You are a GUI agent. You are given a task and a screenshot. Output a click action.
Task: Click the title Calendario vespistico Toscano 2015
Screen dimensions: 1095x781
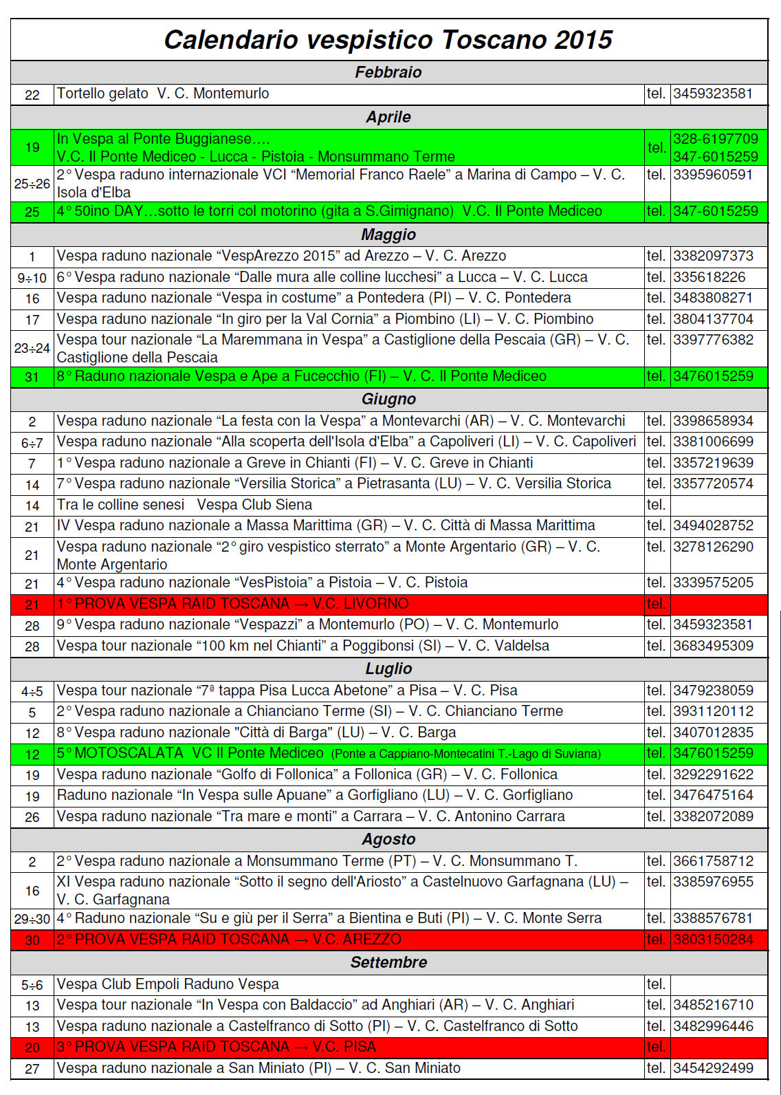(x=388, y=40)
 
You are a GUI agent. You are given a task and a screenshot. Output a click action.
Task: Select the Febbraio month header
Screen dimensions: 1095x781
(x=388, y=72)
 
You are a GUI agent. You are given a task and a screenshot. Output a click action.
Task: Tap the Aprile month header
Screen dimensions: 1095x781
(x=388, y=117)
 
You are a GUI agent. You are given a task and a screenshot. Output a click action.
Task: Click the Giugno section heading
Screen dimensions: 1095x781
(x=388, y=399)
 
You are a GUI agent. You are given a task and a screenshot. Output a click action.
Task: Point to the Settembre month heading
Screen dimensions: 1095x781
(x=388, y=962)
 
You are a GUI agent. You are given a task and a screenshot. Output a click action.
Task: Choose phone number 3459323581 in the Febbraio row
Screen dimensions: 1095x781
(x=713, y=94)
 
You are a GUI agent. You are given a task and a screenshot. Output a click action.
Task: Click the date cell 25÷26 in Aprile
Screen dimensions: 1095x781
(x=32, y=184)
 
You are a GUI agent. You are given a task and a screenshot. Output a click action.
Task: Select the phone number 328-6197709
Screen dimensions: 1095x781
(x=716, y=139)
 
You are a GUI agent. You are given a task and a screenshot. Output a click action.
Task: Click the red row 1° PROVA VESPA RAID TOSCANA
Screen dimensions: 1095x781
(x=233, y=604)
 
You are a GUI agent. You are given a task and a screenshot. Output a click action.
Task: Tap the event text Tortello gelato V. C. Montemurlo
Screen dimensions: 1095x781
(x=163, y=94)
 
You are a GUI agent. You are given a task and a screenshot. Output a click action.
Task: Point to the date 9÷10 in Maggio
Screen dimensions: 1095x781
(x=32, y=278)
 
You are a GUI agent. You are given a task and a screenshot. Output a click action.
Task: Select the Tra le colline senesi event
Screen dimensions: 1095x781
(x=184, y=505)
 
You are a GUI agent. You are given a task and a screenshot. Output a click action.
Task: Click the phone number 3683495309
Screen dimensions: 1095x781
(x=714, y=646)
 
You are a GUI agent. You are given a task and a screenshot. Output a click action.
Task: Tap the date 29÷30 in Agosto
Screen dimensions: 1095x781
(x=32, y=919)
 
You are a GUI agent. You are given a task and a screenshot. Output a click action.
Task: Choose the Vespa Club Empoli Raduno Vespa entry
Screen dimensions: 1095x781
(x=168, y=984)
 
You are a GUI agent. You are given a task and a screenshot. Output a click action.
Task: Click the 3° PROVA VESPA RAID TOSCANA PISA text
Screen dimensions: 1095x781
(x=217, y=1047)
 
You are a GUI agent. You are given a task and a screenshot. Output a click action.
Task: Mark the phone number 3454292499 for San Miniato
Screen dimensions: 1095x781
(x=714, y=1068)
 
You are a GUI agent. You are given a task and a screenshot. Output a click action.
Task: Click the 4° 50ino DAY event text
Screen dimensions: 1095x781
(x=329, y=211)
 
